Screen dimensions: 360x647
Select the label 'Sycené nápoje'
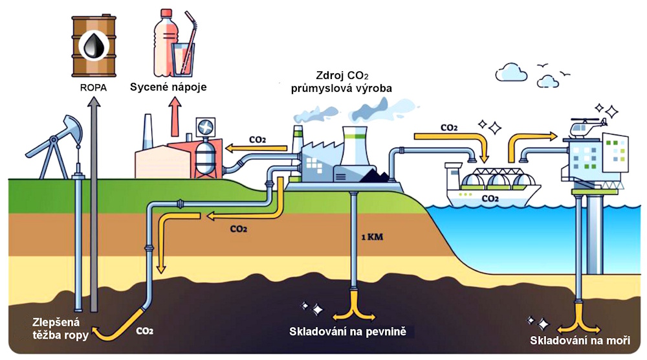pos(168,86)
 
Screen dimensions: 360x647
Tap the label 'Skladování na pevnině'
pos(351,333)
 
